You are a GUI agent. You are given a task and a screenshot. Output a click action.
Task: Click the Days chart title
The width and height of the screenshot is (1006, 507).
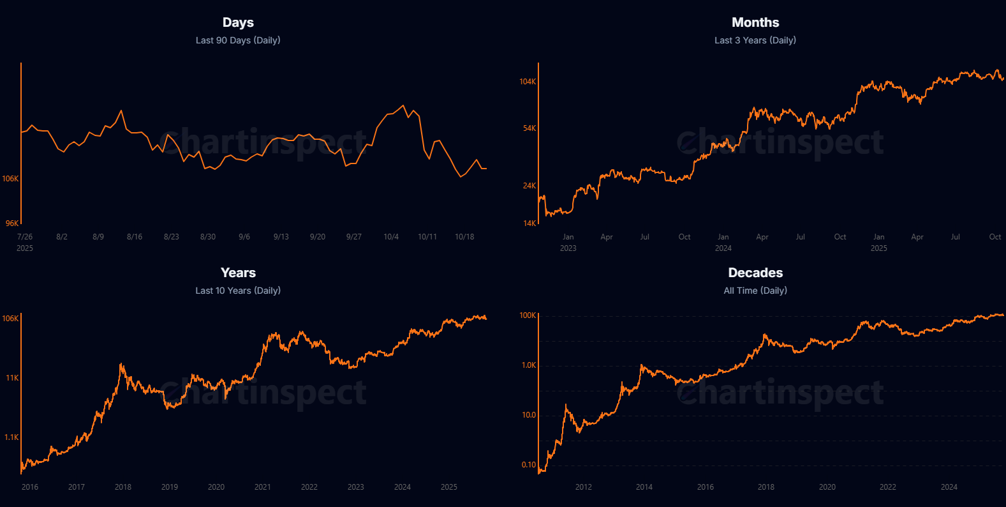[x=238, y=22]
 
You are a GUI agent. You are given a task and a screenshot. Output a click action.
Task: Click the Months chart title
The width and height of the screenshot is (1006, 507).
[x=755, y=22]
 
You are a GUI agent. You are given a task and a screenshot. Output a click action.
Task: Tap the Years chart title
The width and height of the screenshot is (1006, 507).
[x=238, y=273]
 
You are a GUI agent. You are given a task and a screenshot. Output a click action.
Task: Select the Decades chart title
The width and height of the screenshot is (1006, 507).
[x=755, y=273]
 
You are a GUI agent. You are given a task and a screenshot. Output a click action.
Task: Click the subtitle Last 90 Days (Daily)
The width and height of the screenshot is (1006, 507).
[x=238, y=40]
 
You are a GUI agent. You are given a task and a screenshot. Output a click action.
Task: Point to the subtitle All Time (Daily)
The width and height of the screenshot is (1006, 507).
[x=755, y=291]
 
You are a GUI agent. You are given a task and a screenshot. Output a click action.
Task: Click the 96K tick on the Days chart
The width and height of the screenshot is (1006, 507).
[x=12, y=223]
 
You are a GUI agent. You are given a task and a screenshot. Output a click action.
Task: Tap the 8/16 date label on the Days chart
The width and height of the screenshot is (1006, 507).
[x=135, y=237]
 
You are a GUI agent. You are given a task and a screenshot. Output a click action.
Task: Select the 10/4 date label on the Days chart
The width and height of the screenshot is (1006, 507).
[x=391, y=237]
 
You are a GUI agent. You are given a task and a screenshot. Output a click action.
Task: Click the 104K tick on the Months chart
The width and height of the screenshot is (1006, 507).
[x=528, y=82]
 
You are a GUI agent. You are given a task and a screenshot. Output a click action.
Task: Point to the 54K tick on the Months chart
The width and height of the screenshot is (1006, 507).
[x=529, y=128]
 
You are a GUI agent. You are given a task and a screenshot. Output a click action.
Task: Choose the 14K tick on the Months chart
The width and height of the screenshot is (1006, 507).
[x=529, y=223]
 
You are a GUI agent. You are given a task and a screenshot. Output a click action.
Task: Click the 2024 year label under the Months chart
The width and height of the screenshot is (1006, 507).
[x=723, y=248]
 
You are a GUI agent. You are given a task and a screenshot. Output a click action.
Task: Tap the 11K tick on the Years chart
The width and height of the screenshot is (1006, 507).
[x=12, y=378]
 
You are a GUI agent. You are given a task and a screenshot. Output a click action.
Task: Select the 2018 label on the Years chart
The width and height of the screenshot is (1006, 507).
[x=123, y=487]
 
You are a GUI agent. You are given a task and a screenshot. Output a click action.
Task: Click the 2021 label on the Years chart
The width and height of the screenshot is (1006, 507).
[x=263, y=487]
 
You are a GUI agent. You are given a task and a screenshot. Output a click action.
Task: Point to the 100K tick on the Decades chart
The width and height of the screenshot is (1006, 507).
[x=528, y=315]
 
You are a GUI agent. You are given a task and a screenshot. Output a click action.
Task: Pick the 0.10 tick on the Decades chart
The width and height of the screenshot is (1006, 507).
[x=529, y=465]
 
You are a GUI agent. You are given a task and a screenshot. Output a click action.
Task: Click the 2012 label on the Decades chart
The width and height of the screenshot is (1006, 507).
[x=583, y=487]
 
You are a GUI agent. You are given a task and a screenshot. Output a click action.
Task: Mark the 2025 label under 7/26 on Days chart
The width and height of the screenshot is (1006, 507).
[x=25, y=248]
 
